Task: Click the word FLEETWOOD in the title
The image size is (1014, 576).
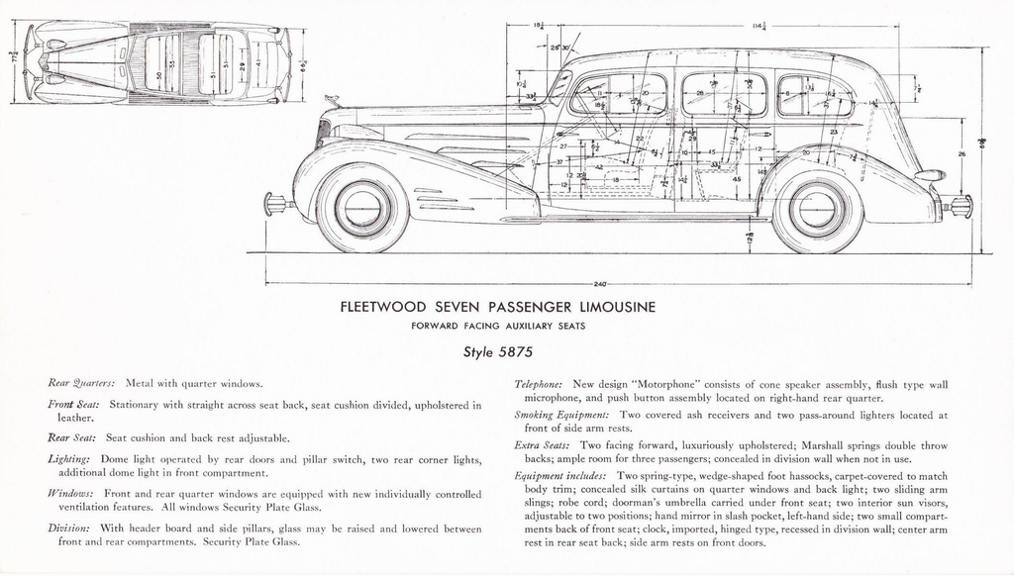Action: coord(386,308)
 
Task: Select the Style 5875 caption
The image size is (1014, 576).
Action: coord(497,350)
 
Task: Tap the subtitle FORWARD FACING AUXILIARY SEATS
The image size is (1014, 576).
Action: coord(497,326)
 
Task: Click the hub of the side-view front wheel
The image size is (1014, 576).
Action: coord(362,208)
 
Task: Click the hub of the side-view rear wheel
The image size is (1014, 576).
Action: coord(817,209)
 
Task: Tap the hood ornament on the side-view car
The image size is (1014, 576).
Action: coord(331,100)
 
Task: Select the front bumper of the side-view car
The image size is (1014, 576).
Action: coord(276,205)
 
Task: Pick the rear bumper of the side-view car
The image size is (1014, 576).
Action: coord(960,206)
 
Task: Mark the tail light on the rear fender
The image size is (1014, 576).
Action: coord(930,175)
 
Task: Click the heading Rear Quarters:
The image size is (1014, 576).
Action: coord(81,382)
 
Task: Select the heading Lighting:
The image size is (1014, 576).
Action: coord(70,459)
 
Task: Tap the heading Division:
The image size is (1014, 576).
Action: coord(69,528)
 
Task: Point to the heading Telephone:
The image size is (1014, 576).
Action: coord(539,383)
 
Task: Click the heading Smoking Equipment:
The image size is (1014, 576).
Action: coord(561,415)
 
